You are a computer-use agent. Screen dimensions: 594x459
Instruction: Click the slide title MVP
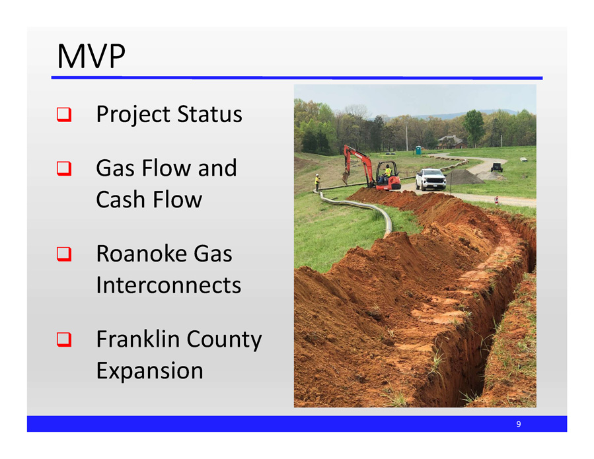tap(91, 56)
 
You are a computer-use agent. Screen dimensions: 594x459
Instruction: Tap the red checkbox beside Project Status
tap(64, 114)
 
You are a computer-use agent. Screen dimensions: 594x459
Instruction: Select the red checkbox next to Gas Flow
tap(64, 168)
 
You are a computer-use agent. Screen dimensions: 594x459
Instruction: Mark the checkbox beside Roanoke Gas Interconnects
tap(64, 254)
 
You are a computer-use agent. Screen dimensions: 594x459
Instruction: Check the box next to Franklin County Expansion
tap(64, 339)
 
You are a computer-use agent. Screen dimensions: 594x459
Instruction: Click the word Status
tap(209, 114)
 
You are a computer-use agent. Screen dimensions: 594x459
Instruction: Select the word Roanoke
tap(142, 254)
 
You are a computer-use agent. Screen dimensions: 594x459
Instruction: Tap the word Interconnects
tap(168, 285)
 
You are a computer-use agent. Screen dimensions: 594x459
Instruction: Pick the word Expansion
tap(149, 371)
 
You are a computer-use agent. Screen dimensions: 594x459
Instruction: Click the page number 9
tap(518, 424)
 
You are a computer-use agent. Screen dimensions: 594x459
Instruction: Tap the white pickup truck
tap(431, 179)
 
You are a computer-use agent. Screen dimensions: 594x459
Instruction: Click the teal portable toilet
tap(418, 150)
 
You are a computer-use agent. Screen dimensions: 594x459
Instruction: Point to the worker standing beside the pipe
tap(317, 182)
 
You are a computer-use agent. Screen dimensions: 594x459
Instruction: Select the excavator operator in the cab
tap(388, 172)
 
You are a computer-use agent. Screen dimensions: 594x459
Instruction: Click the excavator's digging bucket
tap(346, 177)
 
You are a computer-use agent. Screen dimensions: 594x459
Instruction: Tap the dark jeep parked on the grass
tap(497, 167)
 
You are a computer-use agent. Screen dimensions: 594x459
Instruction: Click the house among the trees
tap(451, 142)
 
